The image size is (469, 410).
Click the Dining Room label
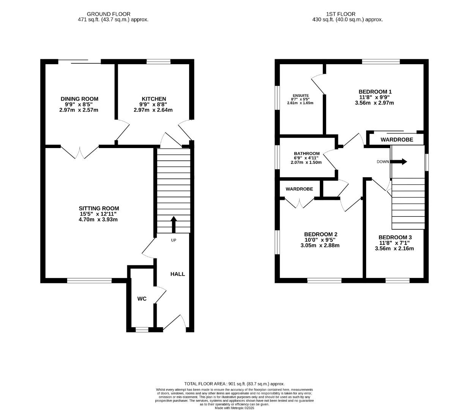pyautogui.click(x=79, y=99)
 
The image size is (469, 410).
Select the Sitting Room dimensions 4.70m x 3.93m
pyautogui.click(x=99, y=219)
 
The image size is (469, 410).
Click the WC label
pyautogui.click(x=142, y=299)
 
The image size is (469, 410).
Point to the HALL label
pyautogui.click(x=177, y=274)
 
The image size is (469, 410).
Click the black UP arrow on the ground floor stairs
pyautogui.click(x=174, y=224)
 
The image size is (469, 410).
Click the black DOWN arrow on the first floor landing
pyautogui.click(x=399, y=162)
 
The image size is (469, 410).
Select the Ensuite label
pyautogui.click(x=300, y=95)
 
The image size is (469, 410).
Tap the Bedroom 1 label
pyautogui.click(x=375, y=91)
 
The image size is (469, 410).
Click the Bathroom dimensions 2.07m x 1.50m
pyautogui.click(x=306, y=162)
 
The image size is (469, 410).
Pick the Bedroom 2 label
pyautogui.click(x=321, y=234)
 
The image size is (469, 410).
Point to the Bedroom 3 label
pyautogui.click(x=395, y=237)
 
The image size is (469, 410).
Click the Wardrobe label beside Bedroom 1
pyautogui.click(x=396, y=140)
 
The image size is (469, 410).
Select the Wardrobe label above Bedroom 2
pyautogui.click(x=299, y=189)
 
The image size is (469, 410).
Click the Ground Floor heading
pyautogui.click(x=109, y=14)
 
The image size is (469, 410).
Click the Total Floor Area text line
pyautogui.click(x=234, y=384)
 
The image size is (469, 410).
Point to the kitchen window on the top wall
pyautogui.click(x=158, y=61)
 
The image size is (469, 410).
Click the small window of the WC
pyautogui.click(x=142, y=330)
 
